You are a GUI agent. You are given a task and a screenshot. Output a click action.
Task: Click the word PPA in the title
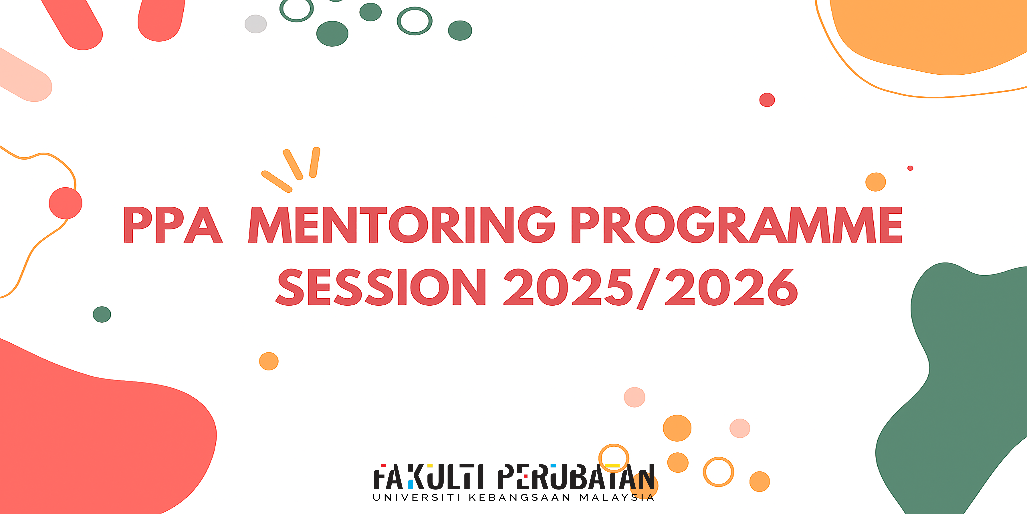pos(173,225)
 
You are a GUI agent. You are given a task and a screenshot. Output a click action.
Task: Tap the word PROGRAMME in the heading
pos(737,225)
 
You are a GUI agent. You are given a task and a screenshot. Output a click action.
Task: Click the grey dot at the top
pos(256,24)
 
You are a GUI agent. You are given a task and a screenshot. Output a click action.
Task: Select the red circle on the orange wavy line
pos(65,203)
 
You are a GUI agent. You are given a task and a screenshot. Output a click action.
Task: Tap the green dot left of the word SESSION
pos(102,314)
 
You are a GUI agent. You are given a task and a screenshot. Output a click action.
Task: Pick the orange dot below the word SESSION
pos(269,361)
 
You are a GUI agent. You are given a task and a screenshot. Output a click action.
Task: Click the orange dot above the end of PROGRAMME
pos(875,182)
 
